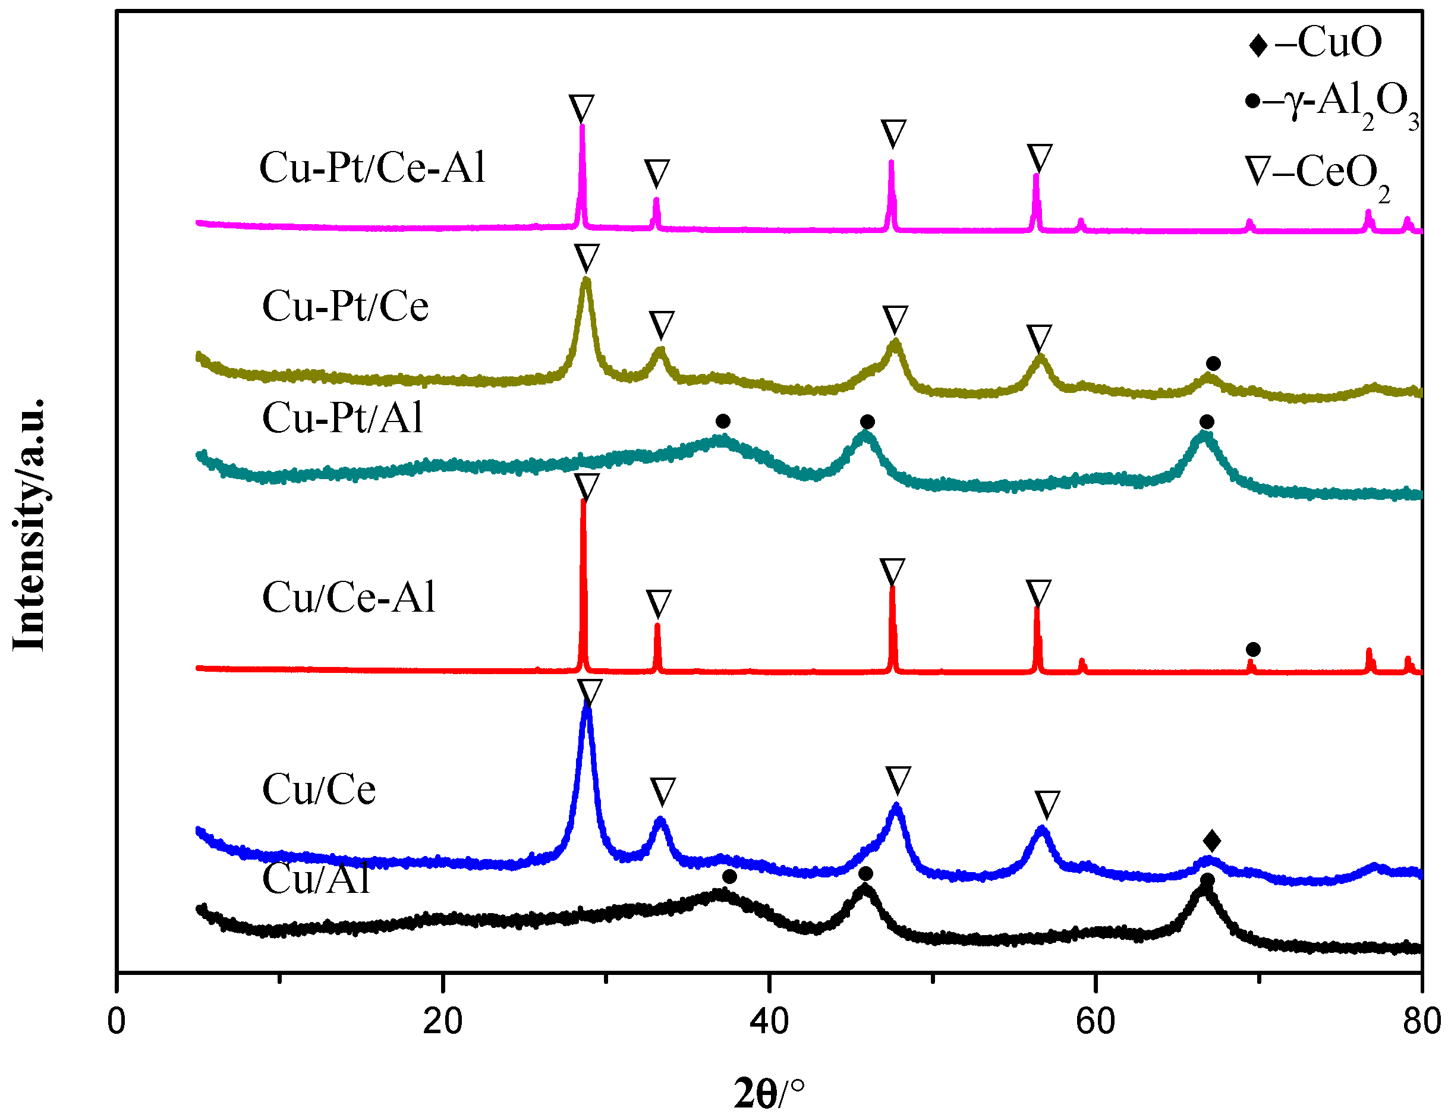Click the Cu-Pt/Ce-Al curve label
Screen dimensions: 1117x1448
coord(372,167)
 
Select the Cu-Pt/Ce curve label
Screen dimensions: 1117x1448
coord(345,306)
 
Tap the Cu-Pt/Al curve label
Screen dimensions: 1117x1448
coord(342,419)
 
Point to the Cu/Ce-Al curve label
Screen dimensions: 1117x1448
coord(349,597)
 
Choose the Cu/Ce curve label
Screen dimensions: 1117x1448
coord(319,789)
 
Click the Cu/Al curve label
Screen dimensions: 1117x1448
coord(316,880)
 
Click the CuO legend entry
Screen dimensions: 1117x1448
coord(1316,42)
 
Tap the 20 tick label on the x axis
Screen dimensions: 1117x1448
coord(442,1021)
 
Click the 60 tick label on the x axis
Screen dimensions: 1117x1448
coord(1096,1021)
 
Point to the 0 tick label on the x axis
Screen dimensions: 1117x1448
coord(117,1021)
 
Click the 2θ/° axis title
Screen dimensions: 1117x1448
coord(769,1093)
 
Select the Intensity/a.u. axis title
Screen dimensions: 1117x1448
coord(29,524)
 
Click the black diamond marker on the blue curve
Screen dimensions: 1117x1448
coord(1212,841)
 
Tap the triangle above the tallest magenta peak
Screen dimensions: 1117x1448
coord(581,108)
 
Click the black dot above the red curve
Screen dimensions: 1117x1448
coord(1253,649)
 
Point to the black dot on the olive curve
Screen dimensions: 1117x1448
coord(1213,363)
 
